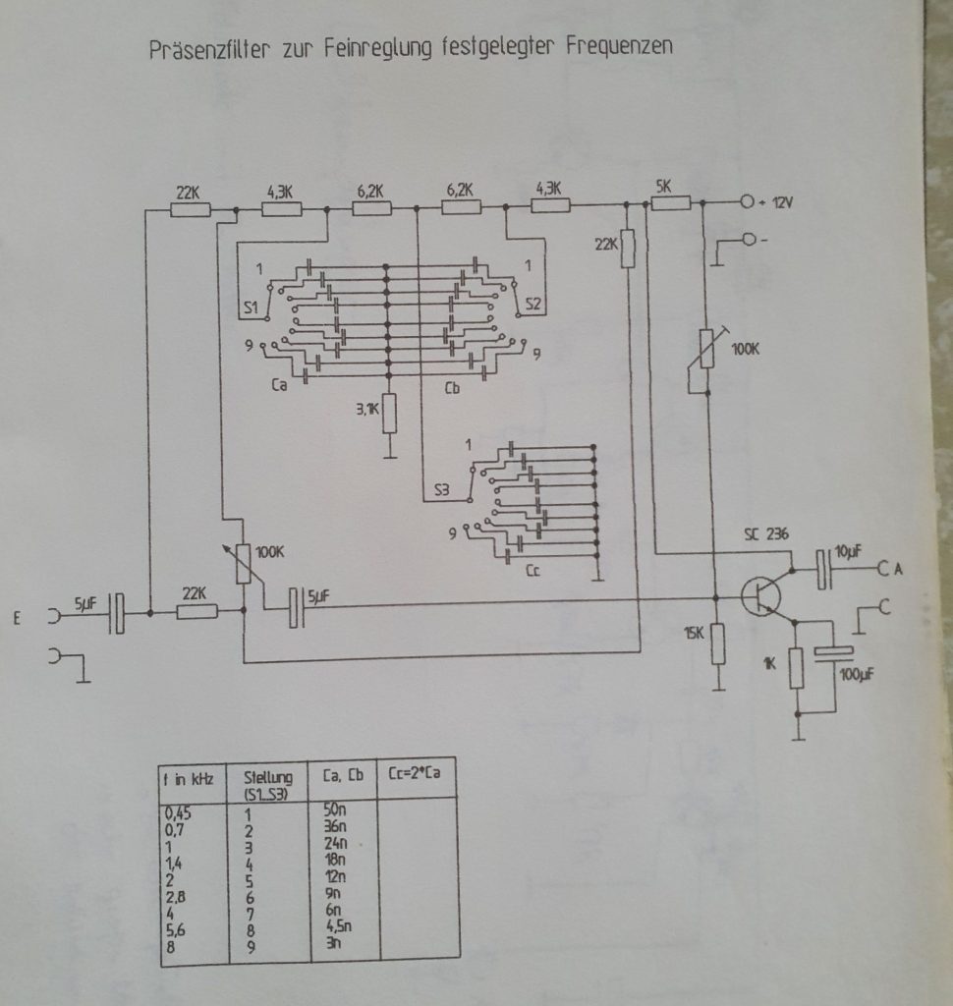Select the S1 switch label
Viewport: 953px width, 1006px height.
[x=251, y=307]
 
